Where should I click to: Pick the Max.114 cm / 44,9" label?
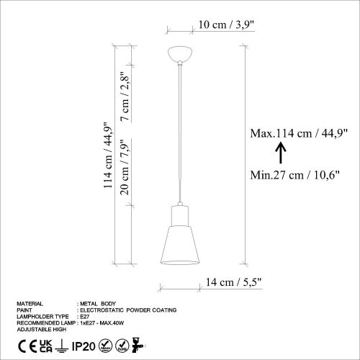pyautogui.click(x=299, y=132)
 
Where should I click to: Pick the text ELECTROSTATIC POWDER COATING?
pyautogui.click(x=130, y=310)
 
